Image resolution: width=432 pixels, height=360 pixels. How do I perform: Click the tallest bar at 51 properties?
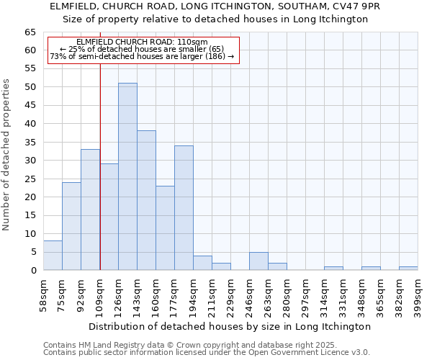[x=127, y=176]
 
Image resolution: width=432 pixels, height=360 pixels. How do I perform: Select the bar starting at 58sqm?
[x=53, y=256]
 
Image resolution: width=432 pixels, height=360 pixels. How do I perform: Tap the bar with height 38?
[x=146, y=200]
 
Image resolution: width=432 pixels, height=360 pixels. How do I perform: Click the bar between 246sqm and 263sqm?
[x=258, y=261]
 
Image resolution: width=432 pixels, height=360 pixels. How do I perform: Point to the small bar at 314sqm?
[x=333, y=269]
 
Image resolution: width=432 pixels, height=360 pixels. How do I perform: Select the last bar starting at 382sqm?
[x=408, y=269]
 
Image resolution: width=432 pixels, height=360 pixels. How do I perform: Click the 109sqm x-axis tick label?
[x=99, y=294]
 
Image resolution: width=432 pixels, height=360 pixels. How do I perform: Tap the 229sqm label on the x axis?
[x=230, y=294]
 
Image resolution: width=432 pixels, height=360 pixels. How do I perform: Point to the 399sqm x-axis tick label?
[x=418, y=294]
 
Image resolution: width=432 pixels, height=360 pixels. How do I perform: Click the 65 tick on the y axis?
[x=30, y=32]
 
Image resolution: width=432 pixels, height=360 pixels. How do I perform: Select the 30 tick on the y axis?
[x=30, y=161]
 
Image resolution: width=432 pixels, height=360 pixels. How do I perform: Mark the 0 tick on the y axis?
[x=32, y=271]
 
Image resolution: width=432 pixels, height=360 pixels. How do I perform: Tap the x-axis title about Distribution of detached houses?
[x=230, y=326]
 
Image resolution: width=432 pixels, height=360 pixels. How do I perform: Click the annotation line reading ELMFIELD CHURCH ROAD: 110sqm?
[x=142, y=42]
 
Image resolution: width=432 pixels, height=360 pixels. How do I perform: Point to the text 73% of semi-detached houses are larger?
[x=142, y=56]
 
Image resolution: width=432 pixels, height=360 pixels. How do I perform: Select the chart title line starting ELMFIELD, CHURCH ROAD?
[x=215, y=6]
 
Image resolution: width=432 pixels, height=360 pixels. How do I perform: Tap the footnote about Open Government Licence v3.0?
[x=207, y=352]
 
